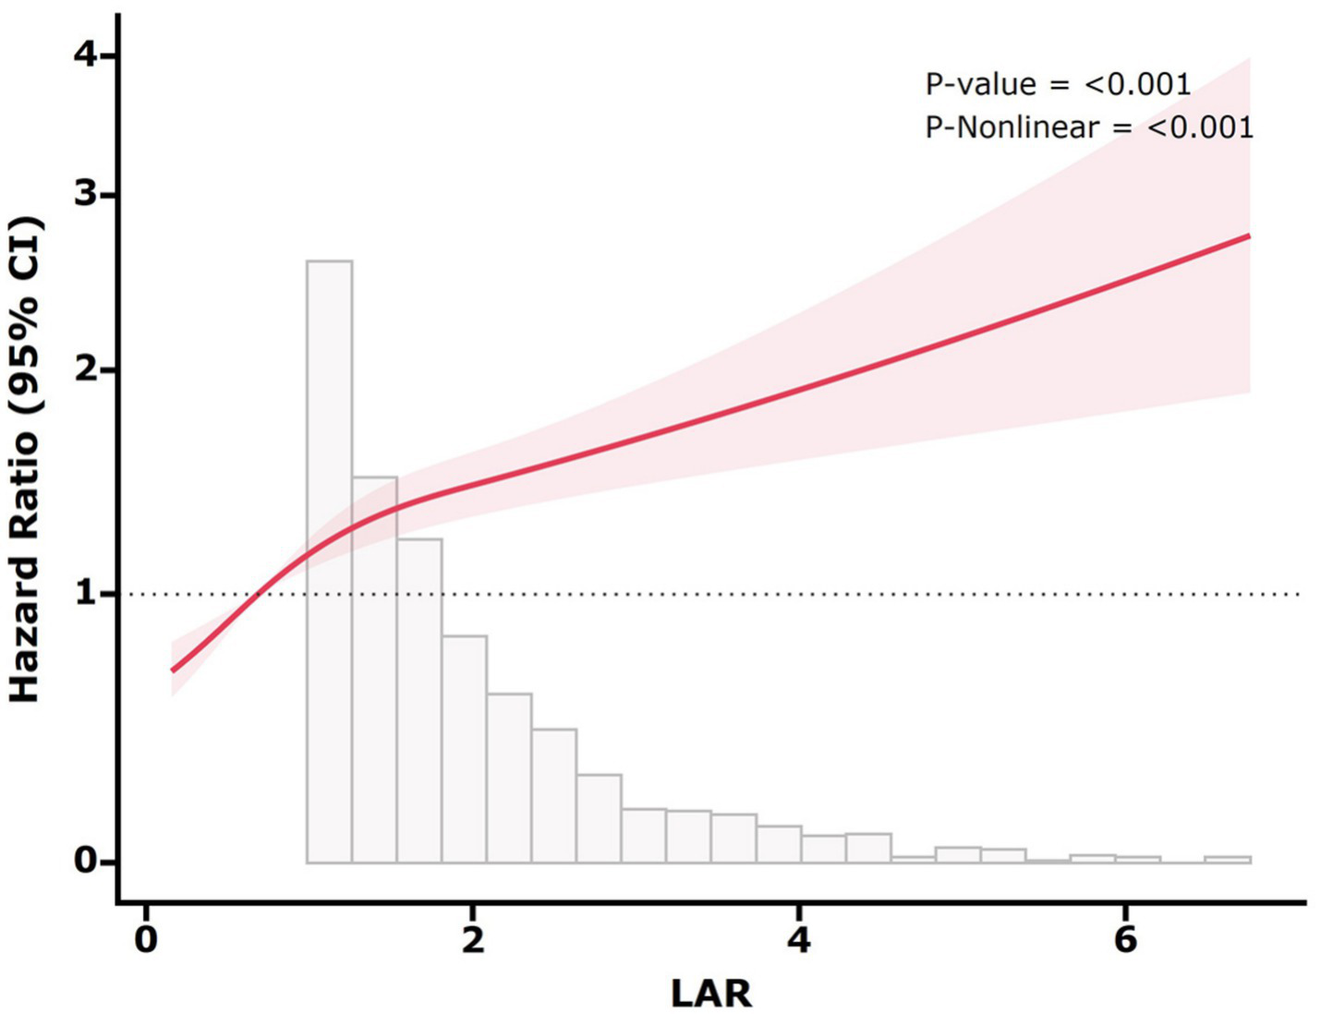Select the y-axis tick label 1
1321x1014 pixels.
click(84, 593)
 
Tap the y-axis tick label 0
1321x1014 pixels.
click(84, 862)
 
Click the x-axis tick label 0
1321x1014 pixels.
click(146, 939)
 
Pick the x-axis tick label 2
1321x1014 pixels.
click(473, 939)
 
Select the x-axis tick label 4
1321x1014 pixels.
click(799, 939)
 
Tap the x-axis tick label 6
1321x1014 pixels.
click(1125, 939)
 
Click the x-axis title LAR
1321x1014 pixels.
click(710, 994)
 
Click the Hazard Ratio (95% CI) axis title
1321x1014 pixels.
click(25, 459)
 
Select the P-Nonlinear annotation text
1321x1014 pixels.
click(1089, 127)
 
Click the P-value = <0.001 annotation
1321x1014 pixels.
click(1058, 85)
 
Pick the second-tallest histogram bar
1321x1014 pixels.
click(374, 670)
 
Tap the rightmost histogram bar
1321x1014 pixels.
click(1228, 859)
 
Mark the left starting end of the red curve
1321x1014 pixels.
click(173, 670)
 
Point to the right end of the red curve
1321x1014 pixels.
click(1249, 235)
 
